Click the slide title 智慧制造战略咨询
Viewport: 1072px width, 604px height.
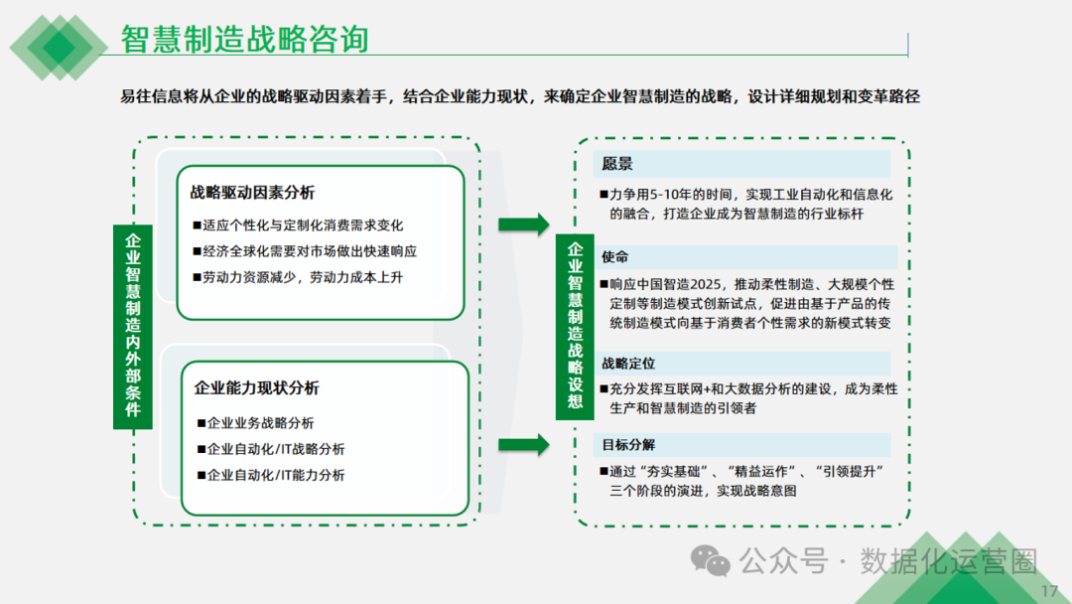[244, 39]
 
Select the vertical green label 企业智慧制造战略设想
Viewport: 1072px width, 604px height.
[575, 325]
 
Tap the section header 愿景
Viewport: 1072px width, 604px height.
[617, 164]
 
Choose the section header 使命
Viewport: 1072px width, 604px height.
[615, 257]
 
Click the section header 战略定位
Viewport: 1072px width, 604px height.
[628, 365]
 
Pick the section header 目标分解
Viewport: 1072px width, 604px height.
[628, 444]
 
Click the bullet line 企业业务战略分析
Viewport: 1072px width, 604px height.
[260, 423]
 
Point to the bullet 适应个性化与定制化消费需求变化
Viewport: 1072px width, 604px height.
[303, 226]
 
